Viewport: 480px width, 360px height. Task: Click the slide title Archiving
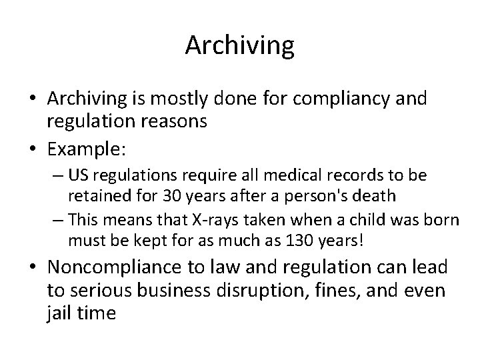239,45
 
